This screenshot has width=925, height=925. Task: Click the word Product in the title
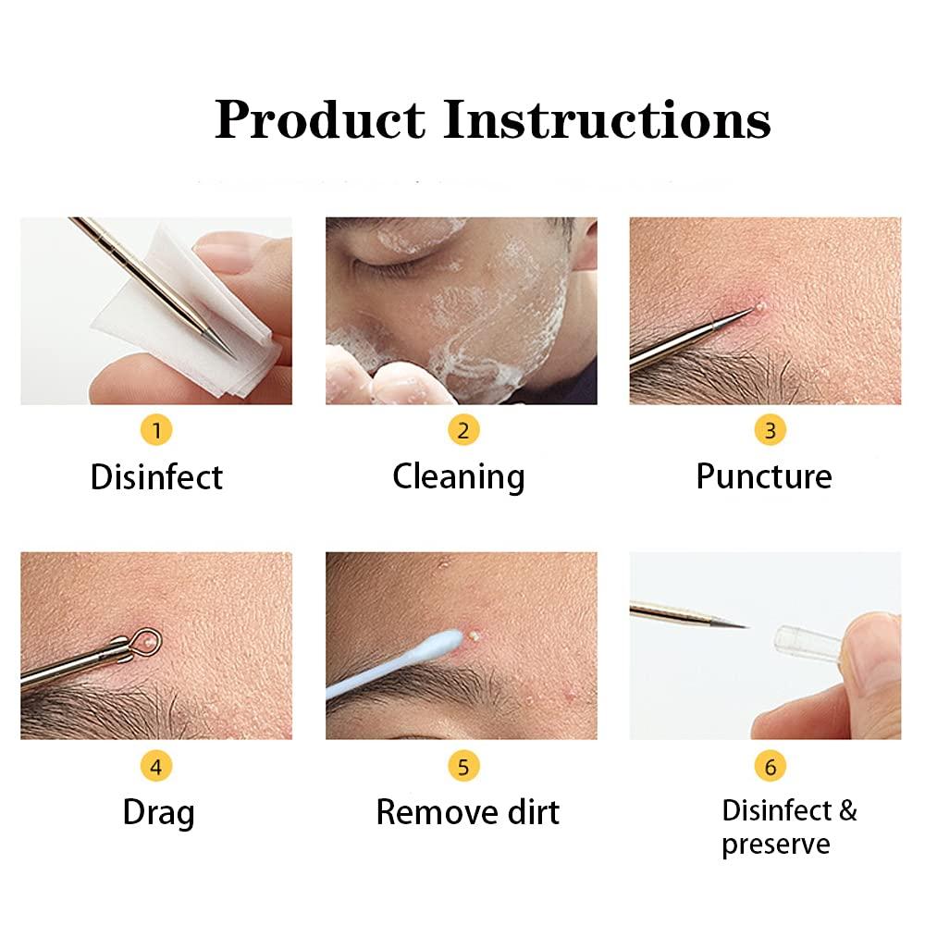(x=320, y=120)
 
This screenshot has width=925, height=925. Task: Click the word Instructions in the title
(x=607, y=120)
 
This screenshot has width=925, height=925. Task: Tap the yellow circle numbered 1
(x=156, y=430)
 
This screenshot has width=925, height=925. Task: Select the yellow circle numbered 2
(x=463, y=430)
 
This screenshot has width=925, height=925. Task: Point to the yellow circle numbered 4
(x=156, y=766)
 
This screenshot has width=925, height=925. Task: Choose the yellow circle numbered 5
(x=463, y=766)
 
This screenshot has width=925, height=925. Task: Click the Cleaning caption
(x=459, y=477)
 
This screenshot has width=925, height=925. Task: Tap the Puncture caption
(x=764, y=477)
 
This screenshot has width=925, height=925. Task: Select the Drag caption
(x=158, y=813)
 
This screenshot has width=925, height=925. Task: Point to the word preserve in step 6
(x=776, y=845)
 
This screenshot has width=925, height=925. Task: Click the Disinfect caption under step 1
(x=156, y=477)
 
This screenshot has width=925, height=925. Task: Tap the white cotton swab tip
(x=442, y=641)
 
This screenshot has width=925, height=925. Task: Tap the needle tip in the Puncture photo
(x=750, y=312)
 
